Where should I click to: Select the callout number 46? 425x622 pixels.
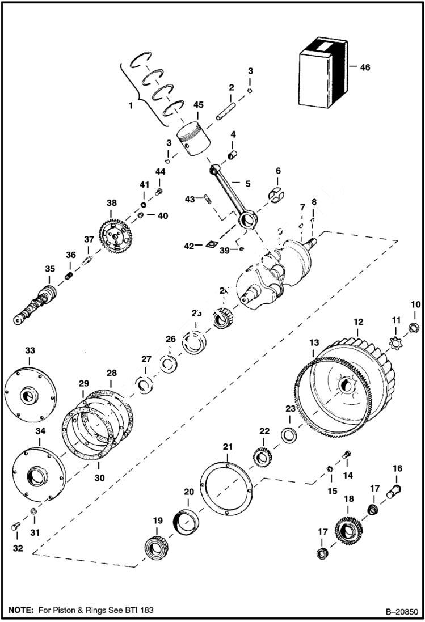click(x=365, y=67)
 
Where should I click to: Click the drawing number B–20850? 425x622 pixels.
click(x=401, y=612)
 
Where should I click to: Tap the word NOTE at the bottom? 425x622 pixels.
click(x=21, y=610)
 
